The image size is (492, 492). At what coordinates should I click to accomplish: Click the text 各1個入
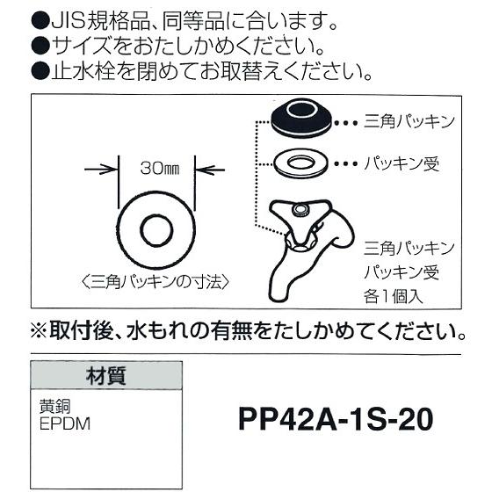pos(394,295)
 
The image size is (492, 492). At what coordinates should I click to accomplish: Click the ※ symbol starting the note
pos(41,333)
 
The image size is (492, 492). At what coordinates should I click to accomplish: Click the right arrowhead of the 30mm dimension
pos(196,168)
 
